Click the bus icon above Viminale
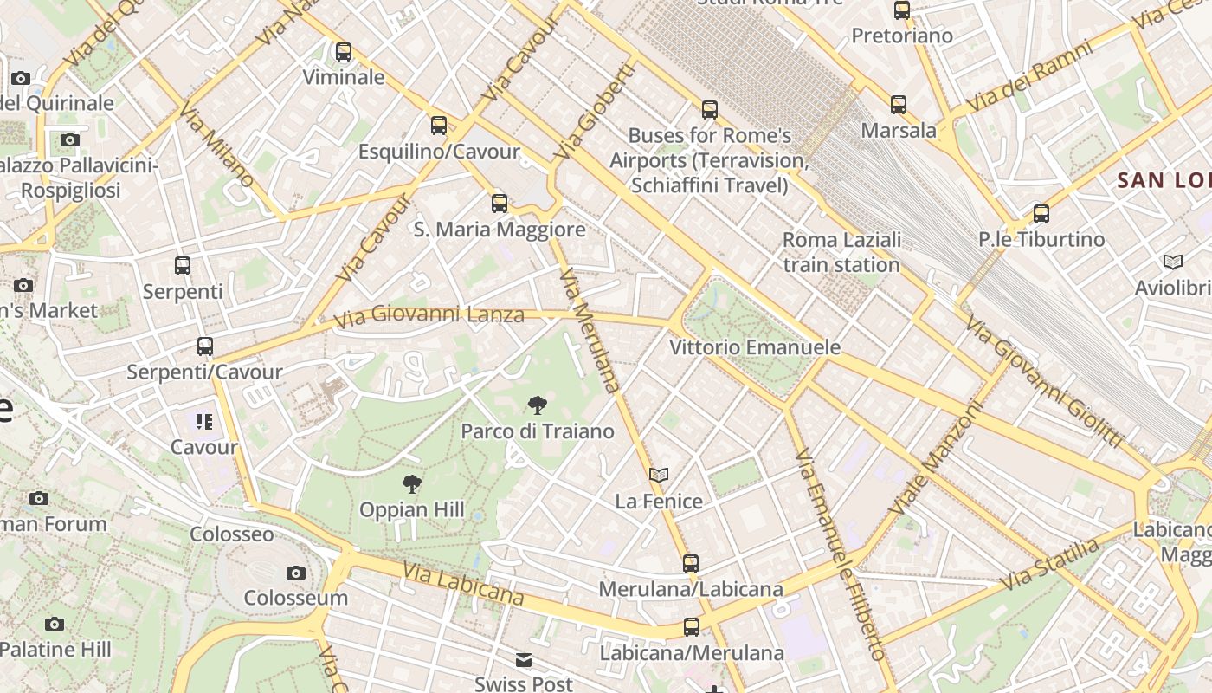point(344,52)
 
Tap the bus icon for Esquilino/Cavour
point(439,126)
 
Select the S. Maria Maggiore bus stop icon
point(500,204)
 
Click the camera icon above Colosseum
point(296,573)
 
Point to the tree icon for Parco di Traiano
point(537,405)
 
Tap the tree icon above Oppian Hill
point(412,483)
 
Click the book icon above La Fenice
point(659,475)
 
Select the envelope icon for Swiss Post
point(524,660)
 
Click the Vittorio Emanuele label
point(755,347)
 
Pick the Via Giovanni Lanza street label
point(429,315)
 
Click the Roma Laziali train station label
point(841,252)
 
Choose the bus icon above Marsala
point(899,105)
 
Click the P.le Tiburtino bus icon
point(1041,213)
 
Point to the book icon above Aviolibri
point(1173,262)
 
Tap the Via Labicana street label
point(463,584)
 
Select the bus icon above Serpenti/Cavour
point(205,346)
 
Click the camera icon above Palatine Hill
point(55,624)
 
